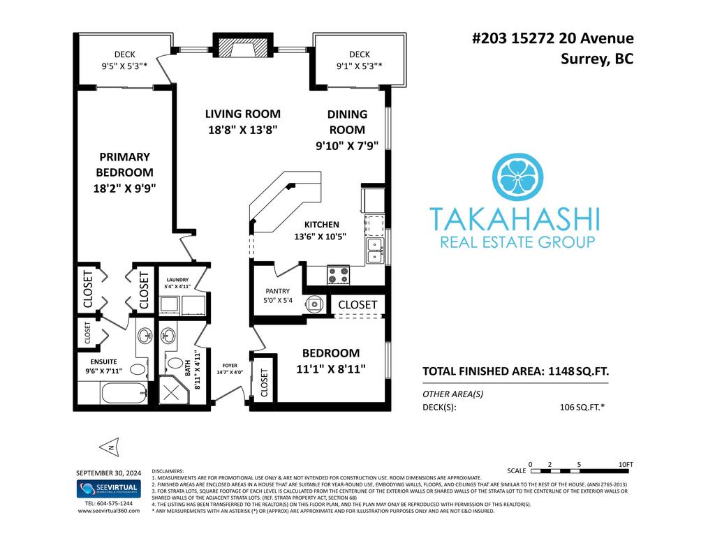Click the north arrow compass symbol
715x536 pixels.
coord(111,447)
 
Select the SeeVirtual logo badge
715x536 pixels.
coord(108,489)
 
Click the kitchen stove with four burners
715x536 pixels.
coord(339,275)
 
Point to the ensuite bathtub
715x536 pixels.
coord(124,393)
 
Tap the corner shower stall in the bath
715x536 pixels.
coord(172,389)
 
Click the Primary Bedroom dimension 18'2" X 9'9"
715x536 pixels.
coord(124,188)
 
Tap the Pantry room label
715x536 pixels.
coord(278,291)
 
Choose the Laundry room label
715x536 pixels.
coord(177,280)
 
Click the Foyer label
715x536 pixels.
coord(230,366)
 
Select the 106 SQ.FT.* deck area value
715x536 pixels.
coord(582,408)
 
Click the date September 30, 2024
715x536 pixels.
coord(108,473)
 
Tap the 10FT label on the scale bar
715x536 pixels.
coord(626,464)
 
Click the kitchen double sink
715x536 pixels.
coord(376,251)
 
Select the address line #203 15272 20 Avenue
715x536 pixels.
coord(553,38)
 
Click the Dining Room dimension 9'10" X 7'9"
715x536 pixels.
coord(347,146)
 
